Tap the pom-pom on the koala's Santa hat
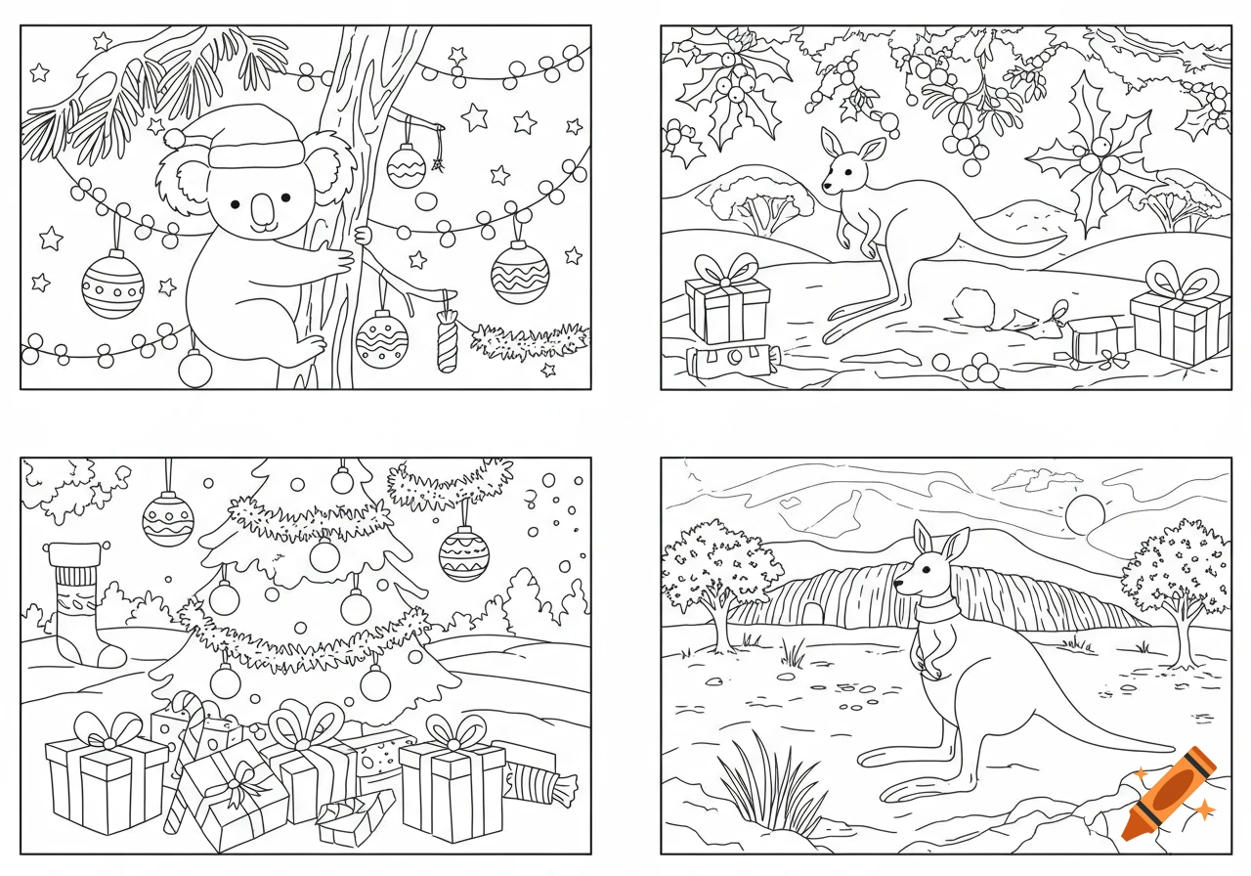(173, 138)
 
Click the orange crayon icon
(1169, 793)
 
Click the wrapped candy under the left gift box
(733, 361)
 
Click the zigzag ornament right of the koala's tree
(520, 271)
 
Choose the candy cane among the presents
(185, 753)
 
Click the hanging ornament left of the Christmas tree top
(168, 517)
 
